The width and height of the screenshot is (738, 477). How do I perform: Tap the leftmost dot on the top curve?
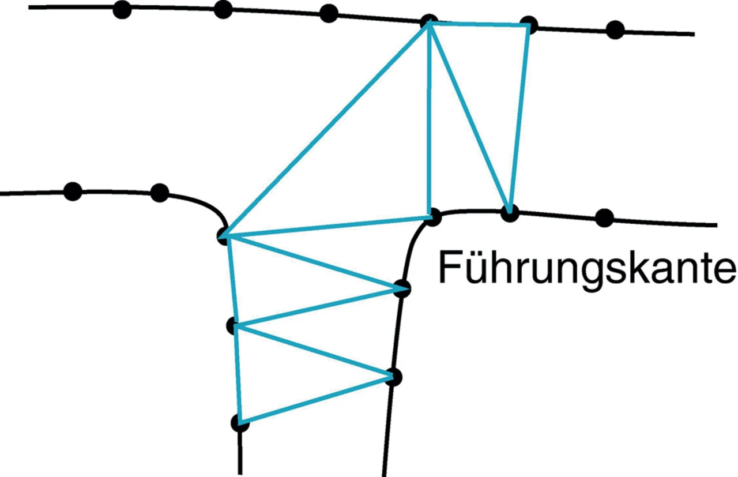coord(122,9)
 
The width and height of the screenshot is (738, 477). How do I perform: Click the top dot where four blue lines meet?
coord(428,22)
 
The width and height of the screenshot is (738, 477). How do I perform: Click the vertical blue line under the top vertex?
coord(429,121)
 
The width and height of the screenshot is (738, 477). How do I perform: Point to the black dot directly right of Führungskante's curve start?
coord(510,213)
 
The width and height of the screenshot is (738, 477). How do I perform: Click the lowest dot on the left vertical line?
coord(240,423)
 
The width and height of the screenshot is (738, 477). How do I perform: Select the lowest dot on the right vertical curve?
coord(394,377)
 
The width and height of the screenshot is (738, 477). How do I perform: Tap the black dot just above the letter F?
coord(433,217)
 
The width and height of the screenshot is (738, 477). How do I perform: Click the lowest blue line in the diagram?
coord(316,400)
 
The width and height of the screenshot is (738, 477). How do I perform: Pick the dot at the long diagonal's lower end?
coord(225,236)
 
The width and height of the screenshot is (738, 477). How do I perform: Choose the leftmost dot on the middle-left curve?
coord(73,191)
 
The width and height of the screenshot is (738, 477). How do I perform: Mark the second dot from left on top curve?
coord(223,9)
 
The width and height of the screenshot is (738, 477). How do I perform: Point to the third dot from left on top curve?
coord(329,13)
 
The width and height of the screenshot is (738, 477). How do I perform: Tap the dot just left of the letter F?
coord(401,288)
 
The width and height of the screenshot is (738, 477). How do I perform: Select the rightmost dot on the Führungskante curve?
coord(604,217)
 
